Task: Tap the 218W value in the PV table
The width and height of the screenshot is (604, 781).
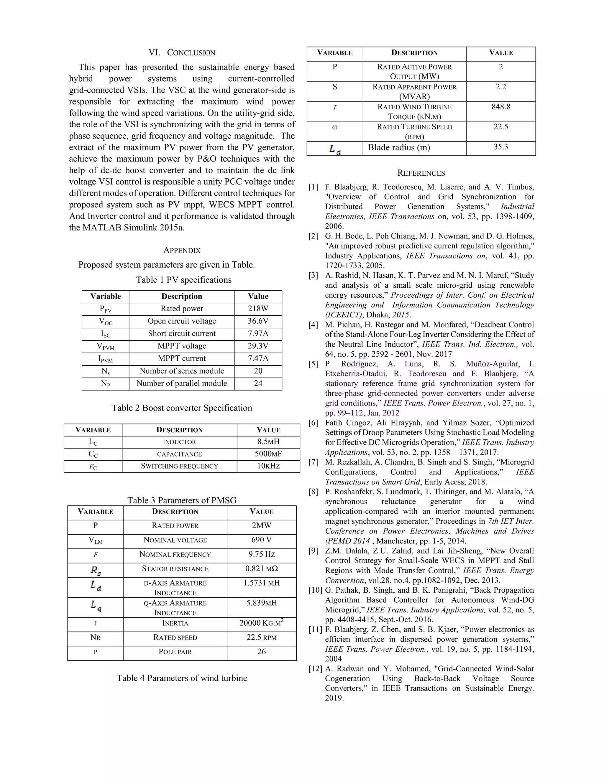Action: [258, 309]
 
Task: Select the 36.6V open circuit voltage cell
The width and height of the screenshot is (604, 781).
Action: [258, 321]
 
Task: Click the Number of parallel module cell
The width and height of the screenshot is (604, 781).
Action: [182, 383]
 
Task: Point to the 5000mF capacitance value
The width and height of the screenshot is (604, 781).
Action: [268, 454]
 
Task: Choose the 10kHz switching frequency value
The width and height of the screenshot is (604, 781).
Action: [268, 466]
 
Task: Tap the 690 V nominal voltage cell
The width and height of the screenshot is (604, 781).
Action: [262, 540]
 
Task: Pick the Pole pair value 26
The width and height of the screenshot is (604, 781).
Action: [262, 652]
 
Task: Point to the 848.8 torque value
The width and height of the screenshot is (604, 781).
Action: [500, 107]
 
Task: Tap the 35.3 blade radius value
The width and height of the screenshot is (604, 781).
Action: [500, 147]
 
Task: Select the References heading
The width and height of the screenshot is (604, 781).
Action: [421, 173]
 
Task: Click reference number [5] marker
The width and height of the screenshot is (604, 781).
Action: [314, 364]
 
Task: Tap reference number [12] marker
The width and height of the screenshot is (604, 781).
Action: [315, 669]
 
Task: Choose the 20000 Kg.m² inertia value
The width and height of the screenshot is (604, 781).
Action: [262, 623]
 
